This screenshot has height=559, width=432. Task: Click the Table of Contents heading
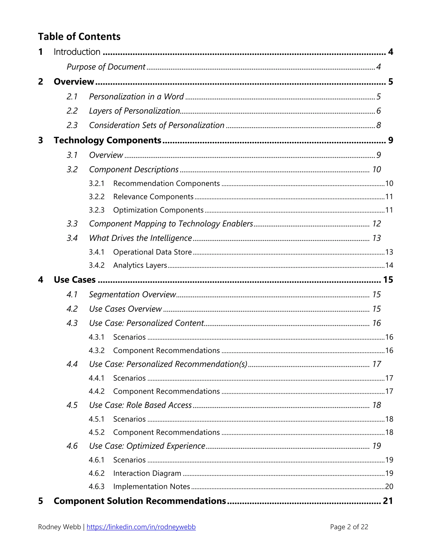pyautogui.click(x=79, y=37)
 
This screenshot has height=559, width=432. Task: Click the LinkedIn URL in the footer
pyautogui.click(x=141, y=527)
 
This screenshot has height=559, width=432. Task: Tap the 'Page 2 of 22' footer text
pyautogui.click(x=349, y=527)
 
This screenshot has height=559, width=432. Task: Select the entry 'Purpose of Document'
pyautogui.click(x=106, y=67)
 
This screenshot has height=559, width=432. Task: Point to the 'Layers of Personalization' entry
pyautogui.click(x=134, y=111)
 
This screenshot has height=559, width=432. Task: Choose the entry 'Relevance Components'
pyautogui.click(x=153, y=197)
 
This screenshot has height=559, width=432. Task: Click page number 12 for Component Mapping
pyautogui.click(x=376, y=224)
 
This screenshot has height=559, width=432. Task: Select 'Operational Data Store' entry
pyautogui.click(x=152, y=252)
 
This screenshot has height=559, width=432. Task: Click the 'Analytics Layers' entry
pyautogui.click(x=140, y=265)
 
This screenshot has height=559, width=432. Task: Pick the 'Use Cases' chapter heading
pyautogui.click(x=74, y=280)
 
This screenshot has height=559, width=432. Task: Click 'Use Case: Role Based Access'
pyautogui.click(x=140, y=405)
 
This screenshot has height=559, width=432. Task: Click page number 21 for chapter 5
pyautogui.click(x=387, y=501)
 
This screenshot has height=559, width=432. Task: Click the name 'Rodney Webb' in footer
pyautogui.click(x=59, y=527)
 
